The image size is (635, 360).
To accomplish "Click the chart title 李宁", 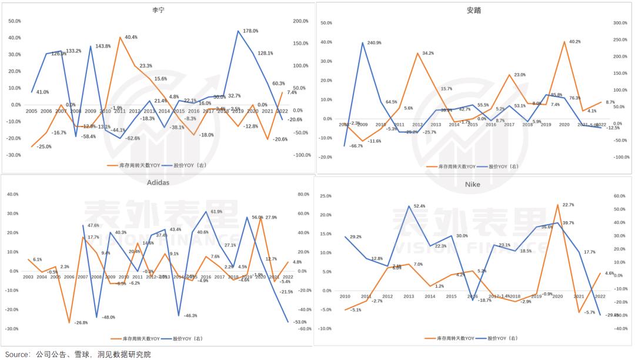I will (157, 10).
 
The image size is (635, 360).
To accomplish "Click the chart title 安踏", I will (473, 10).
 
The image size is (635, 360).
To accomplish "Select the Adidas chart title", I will (157, 182).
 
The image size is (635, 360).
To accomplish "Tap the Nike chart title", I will (472, 184).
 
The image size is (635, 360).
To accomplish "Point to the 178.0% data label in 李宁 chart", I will (250, 30).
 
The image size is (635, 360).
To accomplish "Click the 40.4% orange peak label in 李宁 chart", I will (131, 37).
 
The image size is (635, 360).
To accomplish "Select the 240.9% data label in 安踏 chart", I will (374, 42).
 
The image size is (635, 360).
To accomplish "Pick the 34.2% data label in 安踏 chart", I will (428, 53).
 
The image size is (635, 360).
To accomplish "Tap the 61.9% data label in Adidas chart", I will (216, 211).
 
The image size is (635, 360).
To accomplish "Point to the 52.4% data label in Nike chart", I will (419, 206).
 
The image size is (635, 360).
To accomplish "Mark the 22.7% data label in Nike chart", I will (567, 205).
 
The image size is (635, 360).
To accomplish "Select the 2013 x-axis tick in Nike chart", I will (407, 296).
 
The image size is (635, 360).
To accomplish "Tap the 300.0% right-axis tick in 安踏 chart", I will (620, 23).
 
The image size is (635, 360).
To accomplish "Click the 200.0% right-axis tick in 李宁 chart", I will (301, 21).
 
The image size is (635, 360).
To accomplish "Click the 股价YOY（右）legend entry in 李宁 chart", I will (192, 165).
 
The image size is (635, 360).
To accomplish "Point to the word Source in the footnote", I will (17, 354).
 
